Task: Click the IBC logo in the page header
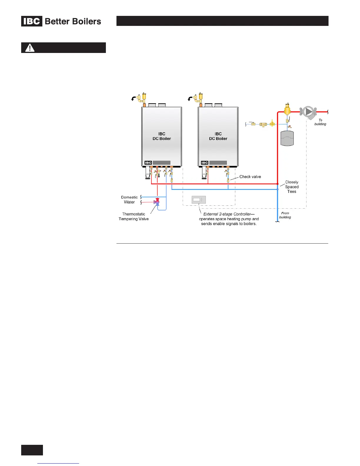point(32,21)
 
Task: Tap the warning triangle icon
point(30,48)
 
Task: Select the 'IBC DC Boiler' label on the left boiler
point(161,136)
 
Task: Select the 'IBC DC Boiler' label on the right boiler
point(218,136)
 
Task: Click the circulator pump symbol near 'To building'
point(308,112)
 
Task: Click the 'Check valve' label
point(250,177)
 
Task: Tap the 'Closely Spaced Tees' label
point(292,187)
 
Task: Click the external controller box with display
point(199,200)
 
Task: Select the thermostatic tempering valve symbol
point(157,202)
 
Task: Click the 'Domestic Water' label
point(129,200)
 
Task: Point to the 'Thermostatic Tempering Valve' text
point(134,217)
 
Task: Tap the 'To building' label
point(320,122)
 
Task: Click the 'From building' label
point(285,215)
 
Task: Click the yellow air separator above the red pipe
point(287,110)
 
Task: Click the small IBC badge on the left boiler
point(148,163)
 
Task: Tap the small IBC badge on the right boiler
point(205,163)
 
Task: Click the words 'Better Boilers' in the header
point(73,21)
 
